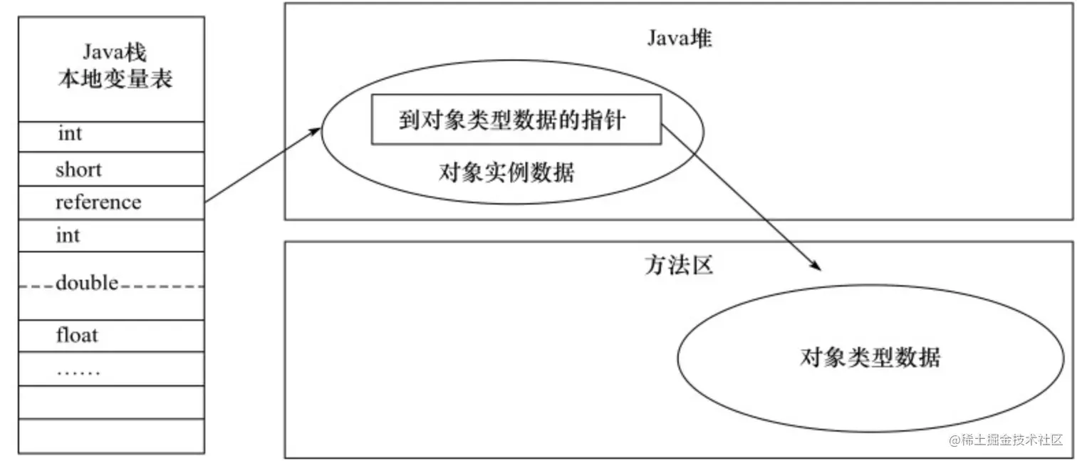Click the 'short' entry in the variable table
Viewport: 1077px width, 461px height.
pos(78,170)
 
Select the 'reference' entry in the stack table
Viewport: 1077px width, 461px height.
pos(98,202)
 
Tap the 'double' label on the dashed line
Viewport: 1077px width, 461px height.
pos(87,284)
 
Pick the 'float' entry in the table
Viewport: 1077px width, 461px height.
pos(77,335)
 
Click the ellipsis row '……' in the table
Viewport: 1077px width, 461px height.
pos(78,371)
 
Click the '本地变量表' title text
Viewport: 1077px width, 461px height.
pos(115,78)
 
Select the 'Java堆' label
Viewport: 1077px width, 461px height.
pos(679,38)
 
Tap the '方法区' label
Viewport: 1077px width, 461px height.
pos(678,266)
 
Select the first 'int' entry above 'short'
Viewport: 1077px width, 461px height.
pos(70,134)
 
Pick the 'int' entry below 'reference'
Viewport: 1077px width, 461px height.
pos(68,235)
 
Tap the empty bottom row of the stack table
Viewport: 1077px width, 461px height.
pos(111,435)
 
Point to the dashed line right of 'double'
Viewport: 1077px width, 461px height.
pos(162,286)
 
